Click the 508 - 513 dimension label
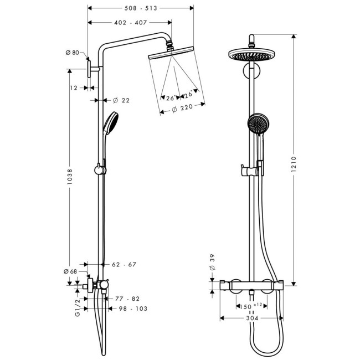(141, 8)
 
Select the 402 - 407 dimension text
(130, 23)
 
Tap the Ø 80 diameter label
(73, 53)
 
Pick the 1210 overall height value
(295, 163)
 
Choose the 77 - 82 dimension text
(127, 298)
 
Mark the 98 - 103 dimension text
(132, 308)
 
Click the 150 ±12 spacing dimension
(248, 306)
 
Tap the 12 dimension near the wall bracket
(74, 88)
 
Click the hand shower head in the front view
(256, 124)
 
